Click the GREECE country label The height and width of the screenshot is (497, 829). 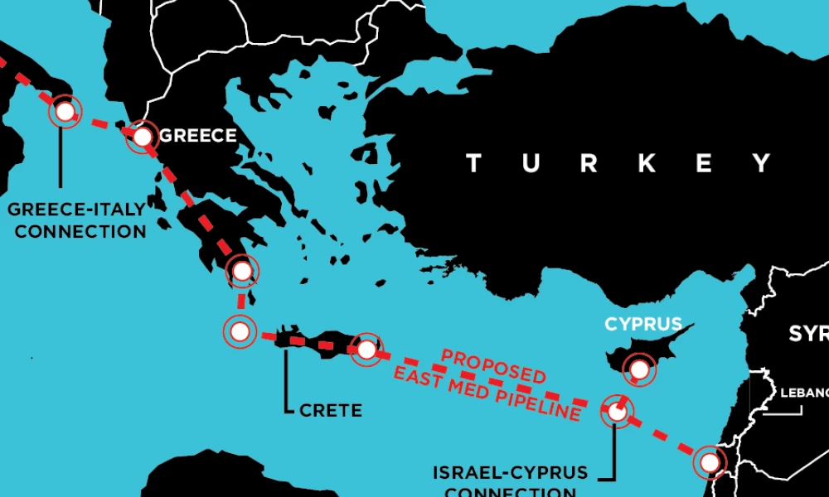click(x=197, y=136)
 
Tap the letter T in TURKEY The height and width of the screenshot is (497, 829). click(x=474, y=163)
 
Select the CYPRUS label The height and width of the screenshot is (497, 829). click(x=643, y=324)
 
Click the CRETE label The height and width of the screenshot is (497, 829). click(x=332, y=410)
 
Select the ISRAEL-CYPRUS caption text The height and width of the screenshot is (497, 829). click(x=510, y=474)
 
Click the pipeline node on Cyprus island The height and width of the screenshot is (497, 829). click(x=639, y=369)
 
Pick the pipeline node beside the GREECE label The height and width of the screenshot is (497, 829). click(x=143, y=137)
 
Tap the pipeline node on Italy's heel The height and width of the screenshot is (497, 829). click(x=65, y=111)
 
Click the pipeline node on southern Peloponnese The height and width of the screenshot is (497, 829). click(x=241, y=271)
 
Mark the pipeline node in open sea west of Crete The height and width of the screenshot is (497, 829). click(x=239, y=332)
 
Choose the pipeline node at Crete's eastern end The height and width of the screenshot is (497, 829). click(x=366, y=350)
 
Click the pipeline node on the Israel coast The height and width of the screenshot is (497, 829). click(x=709, y=462)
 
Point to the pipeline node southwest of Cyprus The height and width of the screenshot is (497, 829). click(x=616, y=410)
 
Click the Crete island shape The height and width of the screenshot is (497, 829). click(x=319, y=342)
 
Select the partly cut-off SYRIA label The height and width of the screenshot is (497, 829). click(x=808, y=333)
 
